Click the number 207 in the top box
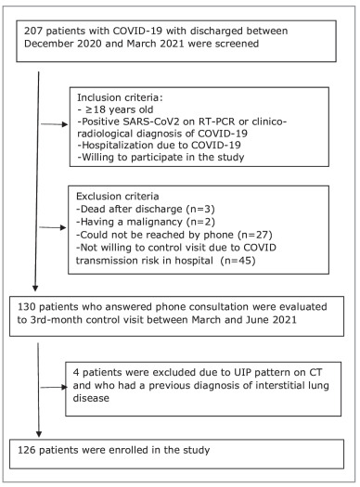tap(33, 31)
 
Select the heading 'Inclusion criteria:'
tap(120, 97)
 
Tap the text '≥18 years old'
tap(119, 109)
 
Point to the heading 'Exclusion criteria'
tap(118, 197)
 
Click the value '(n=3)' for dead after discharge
tap(200, 209)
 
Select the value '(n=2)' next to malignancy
tap(200, 222)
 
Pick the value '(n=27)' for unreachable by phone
tap(255, 235)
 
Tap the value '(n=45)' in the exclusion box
tap(238, 261)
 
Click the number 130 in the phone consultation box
tap(26, 307)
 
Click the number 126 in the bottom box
tap(27, 450)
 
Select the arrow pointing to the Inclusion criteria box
tap(55, 124)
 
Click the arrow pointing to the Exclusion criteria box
tap(53, 227)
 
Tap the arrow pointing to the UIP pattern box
tap(54, 387)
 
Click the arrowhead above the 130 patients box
tap(35, 288)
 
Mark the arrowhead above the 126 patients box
tap(39, 434)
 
